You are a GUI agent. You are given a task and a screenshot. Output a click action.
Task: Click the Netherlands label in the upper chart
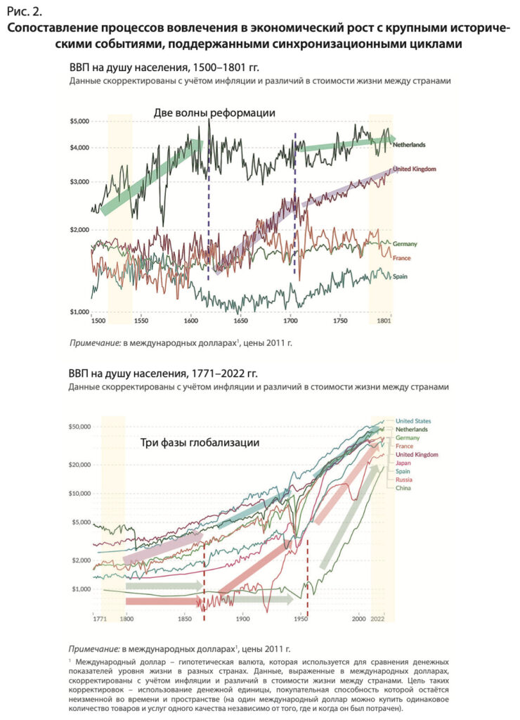coord(409,145)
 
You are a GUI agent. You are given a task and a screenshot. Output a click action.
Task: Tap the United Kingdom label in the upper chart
coord(415,169)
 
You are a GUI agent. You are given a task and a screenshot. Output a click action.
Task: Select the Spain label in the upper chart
coord(400,276)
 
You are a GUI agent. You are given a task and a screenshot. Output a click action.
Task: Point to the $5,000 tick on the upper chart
coord(79,121)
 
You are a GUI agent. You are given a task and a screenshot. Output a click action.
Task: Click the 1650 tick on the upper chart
coord(240,321)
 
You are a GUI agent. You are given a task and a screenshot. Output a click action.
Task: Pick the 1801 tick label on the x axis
coord(384,321)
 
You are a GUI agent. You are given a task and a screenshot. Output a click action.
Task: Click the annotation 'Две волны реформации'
coord(214,112)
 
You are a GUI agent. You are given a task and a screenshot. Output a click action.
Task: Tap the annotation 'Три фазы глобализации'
coord(200,443)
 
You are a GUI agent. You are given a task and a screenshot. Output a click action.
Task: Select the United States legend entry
coord(413,420)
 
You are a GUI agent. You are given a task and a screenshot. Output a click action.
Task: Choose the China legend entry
coord(403,488)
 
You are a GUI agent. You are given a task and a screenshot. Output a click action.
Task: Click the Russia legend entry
coord(404,480)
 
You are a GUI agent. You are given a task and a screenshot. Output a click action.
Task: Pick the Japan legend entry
coord(403,463)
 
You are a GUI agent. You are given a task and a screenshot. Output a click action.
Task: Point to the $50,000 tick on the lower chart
coord(79,427)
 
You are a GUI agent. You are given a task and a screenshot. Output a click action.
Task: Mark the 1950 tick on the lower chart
coord(301,619)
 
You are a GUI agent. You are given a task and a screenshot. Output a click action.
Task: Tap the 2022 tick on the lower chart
coord(377,619)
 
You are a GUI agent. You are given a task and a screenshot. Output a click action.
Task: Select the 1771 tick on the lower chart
coord(100,619)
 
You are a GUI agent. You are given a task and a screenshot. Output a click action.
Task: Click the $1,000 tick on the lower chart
coord(81,589)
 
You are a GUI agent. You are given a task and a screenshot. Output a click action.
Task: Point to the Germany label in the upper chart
coord(405,244)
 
